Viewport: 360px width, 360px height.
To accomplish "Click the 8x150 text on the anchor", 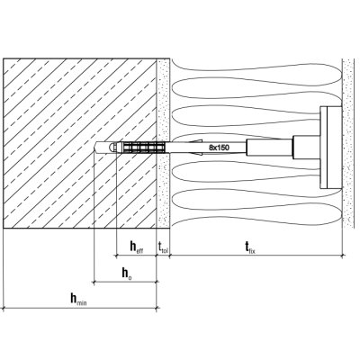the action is [219, 148].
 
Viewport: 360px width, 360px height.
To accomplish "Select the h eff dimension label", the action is [137, 247].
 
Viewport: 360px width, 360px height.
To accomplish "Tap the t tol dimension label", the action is [163, 247].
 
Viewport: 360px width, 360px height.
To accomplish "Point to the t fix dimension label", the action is [249, 247].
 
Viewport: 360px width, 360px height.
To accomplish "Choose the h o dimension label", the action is [127, 274].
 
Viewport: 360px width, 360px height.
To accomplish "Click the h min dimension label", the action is [78, 300].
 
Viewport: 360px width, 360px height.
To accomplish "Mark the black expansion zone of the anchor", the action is [143, 148].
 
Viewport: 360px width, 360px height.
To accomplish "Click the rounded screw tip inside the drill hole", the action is [112, 148].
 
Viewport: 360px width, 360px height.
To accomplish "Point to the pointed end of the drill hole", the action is [94, 148].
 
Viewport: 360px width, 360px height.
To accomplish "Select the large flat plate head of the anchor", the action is [331, 148].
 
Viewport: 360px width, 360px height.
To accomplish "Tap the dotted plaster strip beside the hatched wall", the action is [164, 143].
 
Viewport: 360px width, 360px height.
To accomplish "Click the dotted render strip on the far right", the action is [349, 143].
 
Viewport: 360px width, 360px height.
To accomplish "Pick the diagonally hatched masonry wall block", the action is [80, 143].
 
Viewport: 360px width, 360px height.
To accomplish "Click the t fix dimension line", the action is [256, 256].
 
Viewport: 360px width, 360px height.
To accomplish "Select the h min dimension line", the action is [80, 308].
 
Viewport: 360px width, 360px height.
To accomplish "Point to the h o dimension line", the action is [125, 282].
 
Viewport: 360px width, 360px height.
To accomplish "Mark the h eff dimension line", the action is [137, 256].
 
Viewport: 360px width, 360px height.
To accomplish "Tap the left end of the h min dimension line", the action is [4, 308].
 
